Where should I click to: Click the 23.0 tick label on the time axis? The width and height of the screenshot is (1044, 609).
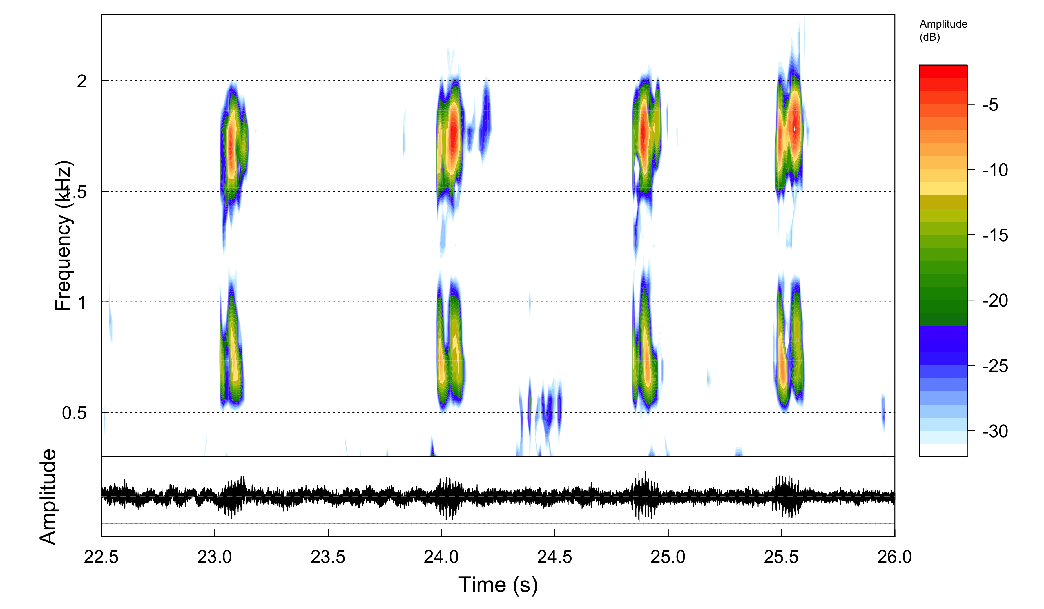(x=214, y=557)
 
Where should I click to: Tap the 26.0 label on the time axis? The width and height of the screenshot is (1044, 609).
(x=894, y=557)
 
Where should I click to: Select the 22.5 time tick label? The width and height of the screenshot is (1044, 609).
(x=101, y=557)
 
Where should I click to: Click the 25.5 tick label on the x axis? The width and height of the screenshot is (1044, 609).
(x=781, y=557)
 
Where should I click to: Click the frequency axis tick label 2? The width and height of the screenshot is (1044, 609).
(x=81, y=81)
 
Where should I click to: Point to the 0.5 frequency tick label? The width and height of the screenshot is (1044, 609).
(x=74, y=413)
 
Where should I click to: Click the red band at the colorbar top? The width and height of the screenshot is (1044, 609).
(x=943, y=71)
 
